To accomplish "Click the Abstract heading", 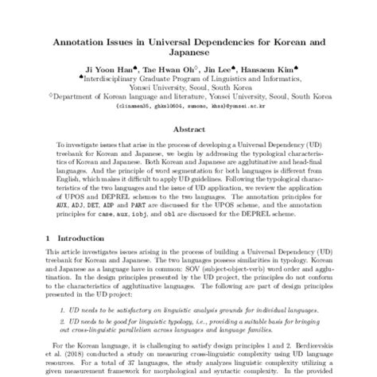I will tap(188, 128).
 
